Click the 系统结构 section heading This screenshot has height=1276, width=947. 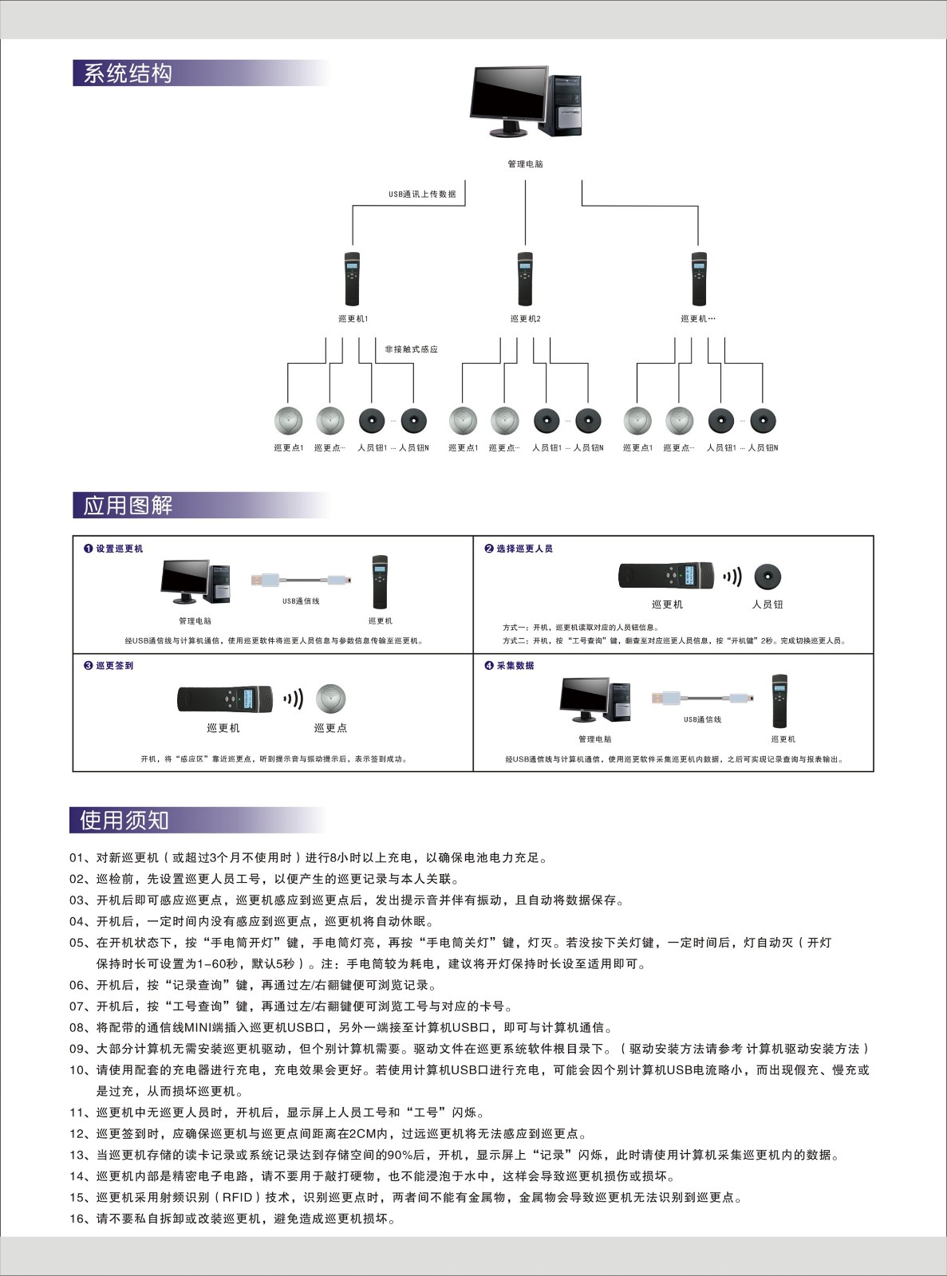click(x=128, y=73)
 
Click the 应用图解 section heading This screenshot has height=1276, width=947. click(x=128, y=505)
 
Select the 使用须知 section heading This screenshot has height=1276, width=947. click(x=124, y=820)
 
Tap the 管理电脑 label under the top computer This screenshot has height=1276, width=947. click(x=525, y=164)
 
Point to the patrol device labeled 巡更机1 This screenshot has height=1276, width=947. click(x=352, y=279)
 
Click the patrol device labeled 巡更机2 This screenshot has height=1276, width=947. click(x=524, y=279)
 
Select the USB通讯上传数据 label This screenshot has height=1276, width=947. click(x=422, y=194)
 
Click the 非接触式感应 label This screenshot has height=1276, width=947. click(x=411, y=349)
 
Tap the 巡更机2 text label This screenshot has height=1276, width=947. click(x=525, y=319)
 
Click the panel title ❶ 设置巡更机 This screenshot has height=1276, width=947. click(x=114, y=549)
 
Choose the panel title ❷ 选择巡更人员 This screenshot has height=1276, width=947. click(x=519, y=549)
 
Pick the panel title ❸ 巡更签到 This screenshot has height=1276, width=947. click(x=109, y=666)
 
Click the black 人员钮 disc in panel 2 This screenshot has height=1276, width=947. click(x=767, y=577)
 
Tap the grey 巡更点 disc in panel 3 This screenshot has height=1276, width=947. click(x=330, y=698)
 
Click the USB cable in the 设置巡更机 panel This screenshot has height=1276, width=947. click(x=301, y=580)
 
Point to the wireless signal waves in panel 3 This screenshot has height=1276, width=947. click(x=294, y=699)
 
